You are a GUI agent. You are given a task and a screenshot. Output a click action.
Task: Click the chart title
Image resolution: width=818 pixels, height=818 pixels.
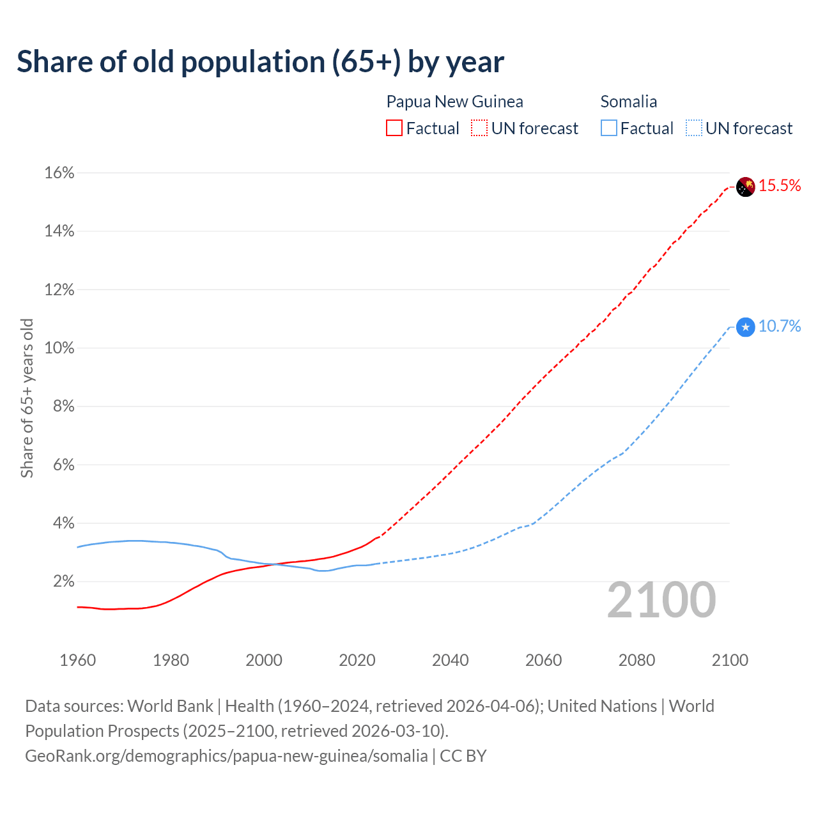click(x=260, y=62)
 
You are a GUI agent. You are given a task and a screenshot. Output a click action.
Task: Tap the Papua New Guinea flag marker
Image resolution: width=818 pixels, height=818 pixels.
click(x=746, y=187)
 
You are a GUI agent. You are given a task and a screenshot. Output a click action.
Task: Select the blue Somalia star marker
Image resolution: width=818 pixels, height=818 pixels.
click(x=746, y=327)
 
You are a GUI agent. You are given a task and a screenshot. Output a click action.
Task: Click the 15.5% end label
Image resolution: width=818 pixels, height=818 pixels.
click(x=780, y=186)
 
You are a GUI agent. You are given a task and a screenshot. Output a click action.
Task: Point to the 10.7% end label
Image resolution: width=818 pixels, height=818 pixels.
click(x=780, y=327)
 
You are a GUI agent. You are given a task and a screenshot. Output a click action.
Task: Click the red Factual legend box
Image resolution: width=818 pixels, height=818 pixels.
click(x=394, y=128)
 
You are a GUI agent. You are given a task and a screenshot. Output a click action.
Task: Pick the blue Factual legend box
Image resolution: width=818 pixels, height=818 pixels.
click(x=609, y=128)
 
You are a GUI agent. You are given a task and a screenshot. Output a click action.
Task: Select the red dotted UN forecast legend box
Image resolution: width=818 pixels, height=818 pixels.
click(x=479, y=128)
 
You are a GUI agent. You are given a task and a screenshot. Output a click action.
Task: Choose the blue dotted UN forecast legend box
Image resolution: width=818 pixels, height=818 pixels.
click(x=693, y=128)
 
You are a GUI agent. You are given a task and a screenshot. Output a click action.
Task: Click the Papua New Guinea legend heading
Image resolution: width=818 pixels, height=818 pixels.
click(x=454, y=102)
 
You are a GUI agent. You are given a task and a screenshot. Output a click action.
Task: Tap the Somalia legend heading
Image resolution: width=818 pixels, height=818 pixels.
click(x=629, y=102)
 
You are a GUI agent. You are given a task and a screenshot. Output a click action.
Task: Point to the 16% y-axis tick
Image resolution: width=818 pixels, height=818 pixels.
click(x=59, y=173)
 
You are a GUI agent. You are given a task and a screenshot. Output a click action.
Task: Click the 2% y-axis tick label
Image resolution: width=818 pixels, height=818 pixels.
click(x=64, y=582)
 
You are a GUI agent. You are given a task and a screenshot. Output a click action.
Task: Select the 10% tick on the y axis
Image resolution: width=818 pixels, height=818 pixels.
click(x=59, y=348)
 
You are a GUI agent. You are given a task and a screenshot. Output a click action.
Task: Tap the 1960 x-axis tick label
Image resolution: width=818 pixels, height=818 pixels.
click(x=77, y=660)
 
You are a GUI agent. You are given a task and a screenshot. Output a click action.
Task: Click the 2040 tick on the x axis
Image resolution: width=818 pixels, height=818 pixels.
click(x=451, y=660)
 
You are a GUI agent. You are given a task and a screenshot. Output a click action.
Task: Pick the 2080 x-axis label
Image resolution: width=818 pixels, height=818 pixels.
click(x=637, y=660)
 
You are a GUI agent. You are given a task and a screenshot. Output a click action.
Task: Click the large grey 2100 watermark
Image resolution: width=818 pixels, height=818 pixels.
click(x=661, y=600)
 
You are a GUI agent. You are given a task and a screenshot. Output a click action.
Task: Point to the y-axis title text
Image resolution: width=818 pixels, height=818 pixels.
click(x=27, y=398)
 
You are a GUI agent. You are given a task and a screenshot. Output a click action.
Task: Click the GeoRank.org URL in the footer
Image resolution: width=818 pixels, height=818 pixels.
click(x=226, y=756)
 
